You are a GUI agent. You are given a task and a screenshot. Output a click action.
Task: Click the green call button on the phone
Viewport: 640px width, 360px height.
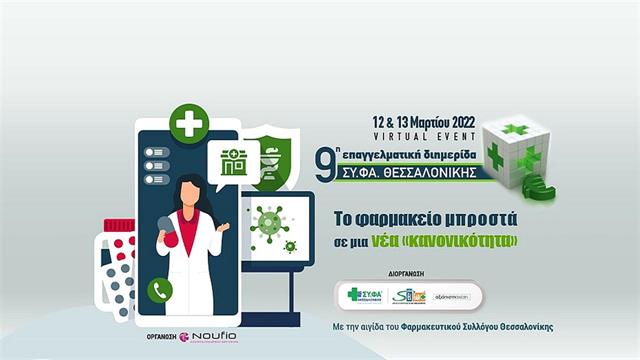[159, 289]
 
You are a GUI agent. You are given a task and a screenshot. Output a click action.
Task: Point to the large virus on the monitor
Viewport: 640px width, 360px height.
[268, 220]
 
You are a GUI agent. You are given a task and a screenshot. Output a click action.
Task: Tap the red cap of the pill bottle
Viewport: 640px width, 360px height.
[121, 226]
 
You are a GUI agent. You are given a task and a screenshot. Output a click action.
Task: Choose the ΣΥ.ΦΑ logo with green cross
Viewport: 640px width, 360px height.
[365, 295]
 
